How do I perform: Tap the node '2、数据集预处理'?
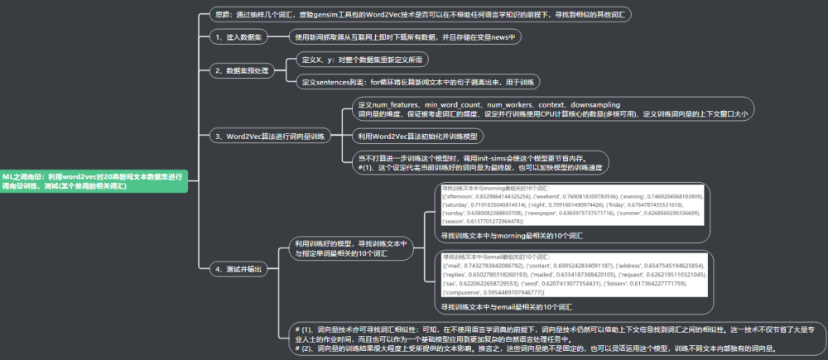(243, 70)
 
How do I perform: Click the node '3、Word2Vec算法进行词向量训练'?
(269, 136)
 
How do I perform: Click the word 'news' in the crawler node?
(505, 37)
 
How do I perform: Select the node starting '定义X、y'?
(363, 60)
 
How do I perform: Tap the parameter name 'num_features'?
(393, 105)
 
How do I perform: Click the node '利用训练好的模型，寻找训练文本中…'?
(352, 249)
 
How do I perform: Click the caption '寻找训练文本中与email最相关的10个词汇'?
(506, 307)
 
